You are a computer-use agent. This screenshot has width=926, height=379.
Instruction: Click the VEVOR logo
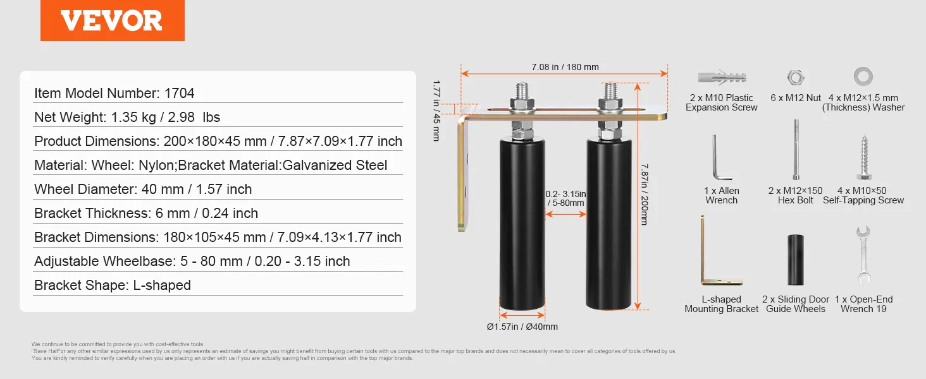[113, 20]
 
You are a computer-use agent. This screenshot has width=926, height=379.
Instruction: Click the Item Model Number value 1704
[180, 93]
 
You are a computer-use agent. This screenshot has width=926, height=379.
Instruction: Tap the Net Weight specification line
[127, 117]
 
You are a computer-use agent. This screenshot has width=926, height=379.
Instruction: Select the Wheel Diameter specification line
[143, 189]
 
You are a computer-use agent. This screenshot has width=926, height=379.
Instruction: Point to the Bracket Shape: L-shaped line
[113, 286]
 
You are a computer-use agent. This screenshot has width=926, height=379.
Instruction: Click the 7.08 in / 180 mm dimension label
[565, 67]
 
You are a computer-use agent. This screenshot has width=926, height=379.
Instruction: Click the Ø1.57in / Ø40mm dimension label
[522, 327]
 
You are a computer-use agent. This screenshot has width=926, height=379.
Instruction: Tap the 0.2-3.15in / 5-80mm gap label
[565, 198]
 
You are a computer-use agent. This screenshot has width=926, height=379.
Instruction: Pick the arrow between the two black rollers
[565, 214]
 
